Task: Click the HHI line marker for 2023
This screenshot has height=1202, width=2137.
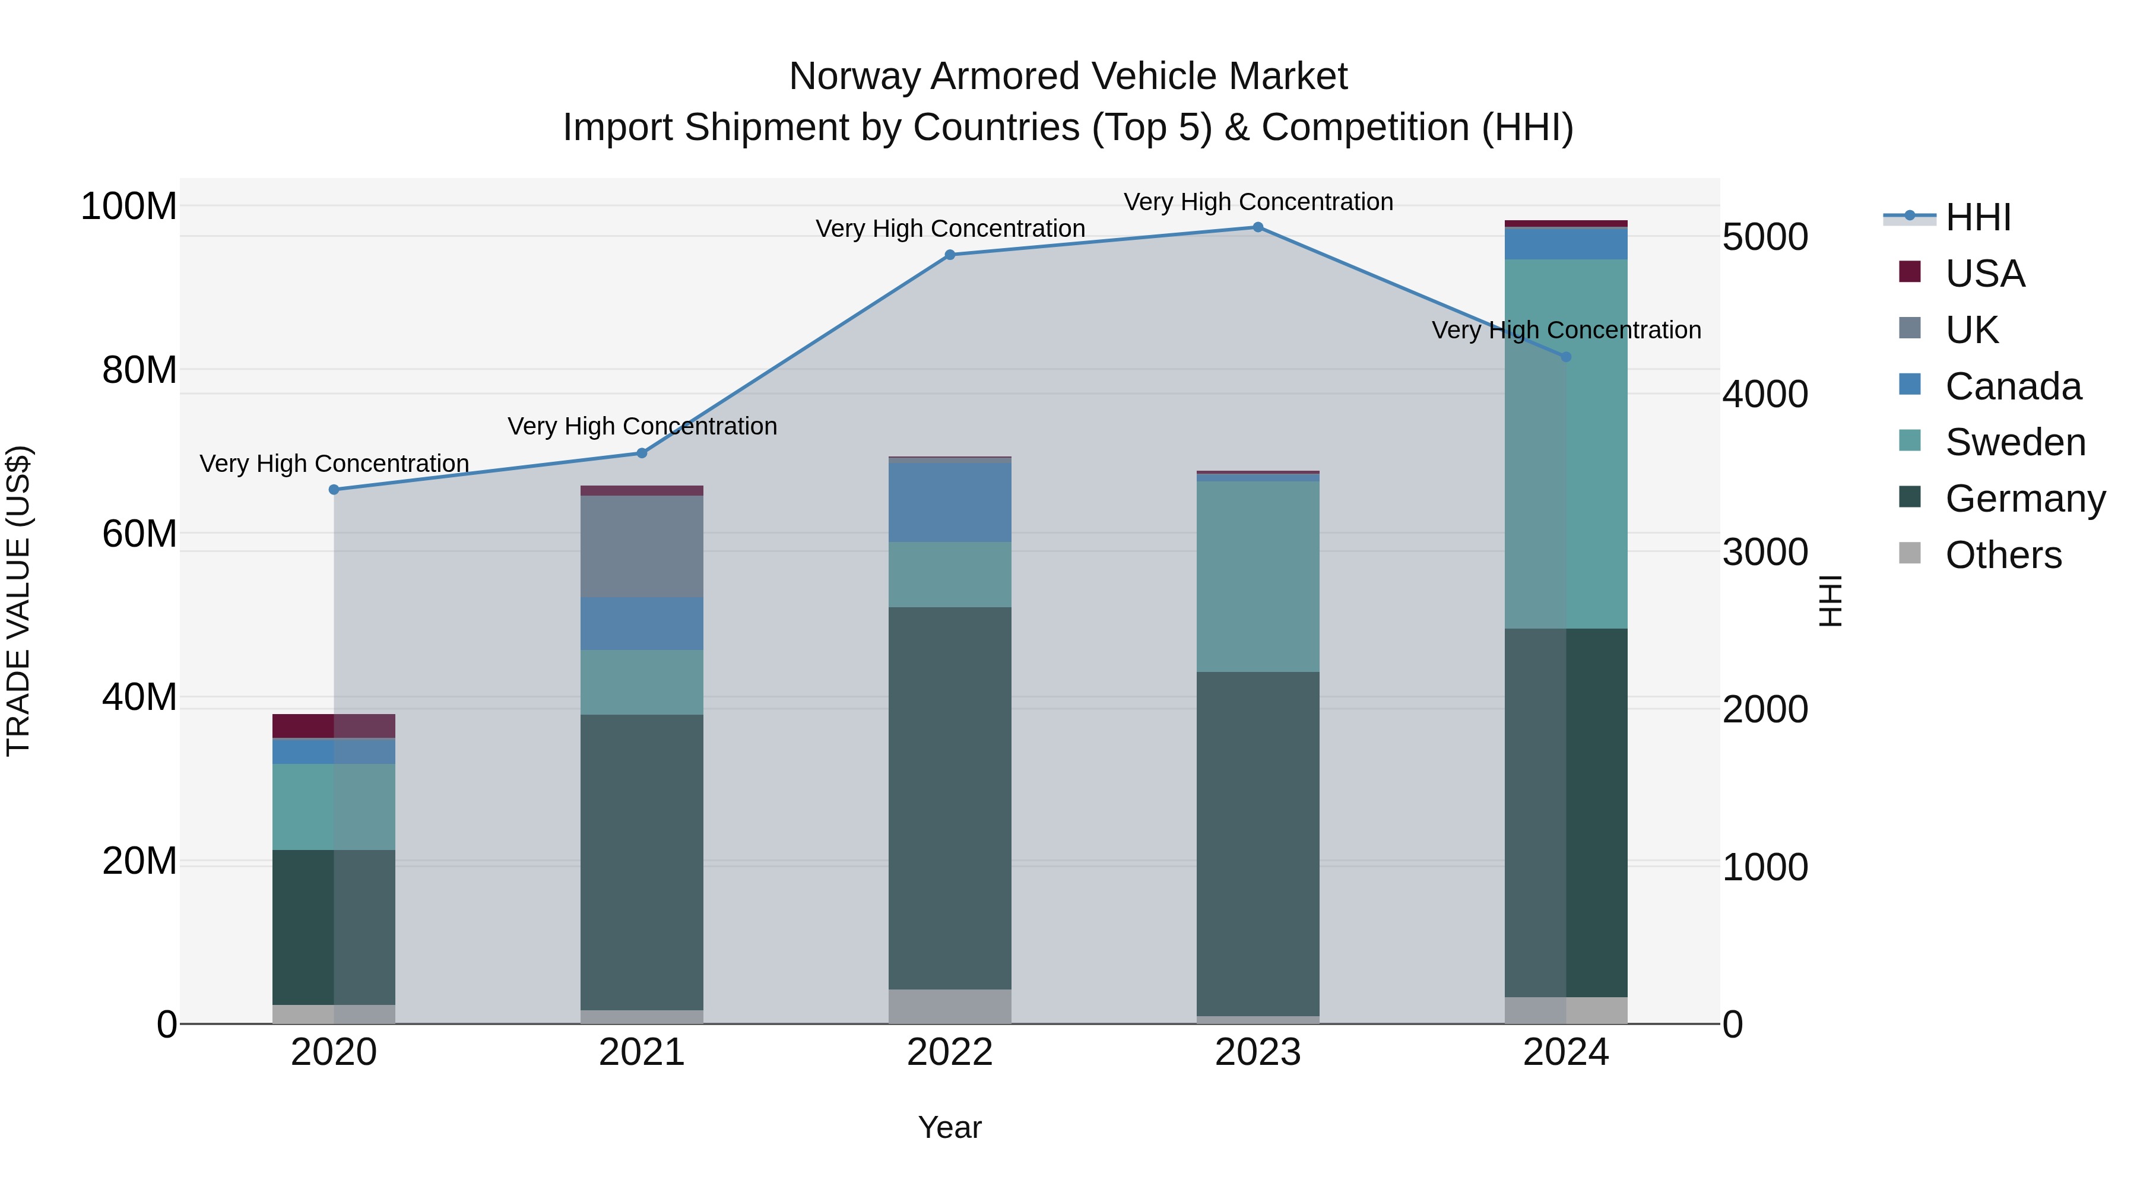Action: click(1258, 227)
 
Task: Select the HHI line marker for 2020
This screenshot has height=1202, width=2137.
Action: click(334, 490)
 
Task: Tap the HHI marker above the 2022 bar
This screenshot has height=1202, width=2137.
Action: click(950, 255)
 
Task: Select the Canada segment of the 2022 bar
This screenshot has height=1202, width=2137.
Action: click(950, 501)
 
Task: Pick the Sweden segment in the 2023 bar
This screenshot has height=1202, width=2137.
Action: click(1258, 576)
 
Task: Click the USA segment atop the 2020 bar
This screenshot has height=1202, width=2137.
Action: click(334, 726)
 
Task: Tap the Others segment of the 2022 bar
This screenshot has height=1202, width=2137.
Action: click(950, 1006)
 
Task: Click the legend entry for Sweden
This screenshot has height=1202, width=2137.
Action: click(2015, 442)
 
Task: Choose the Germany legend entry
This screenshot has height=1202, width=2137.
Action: click(2025, 499)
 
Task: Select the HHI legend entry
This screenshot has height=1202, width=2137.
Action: click(1978, 217)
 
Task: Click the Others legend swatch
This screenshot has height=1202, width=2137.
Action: click(1910, 553)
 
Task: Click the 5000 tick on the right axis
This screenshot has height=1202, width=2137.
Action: click(1765, 237)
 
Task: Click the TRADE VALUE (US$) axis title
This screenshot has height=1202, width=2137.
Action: click(18, 601)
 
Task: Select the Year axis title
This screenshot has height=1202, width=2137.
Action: click(949, 1127)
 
